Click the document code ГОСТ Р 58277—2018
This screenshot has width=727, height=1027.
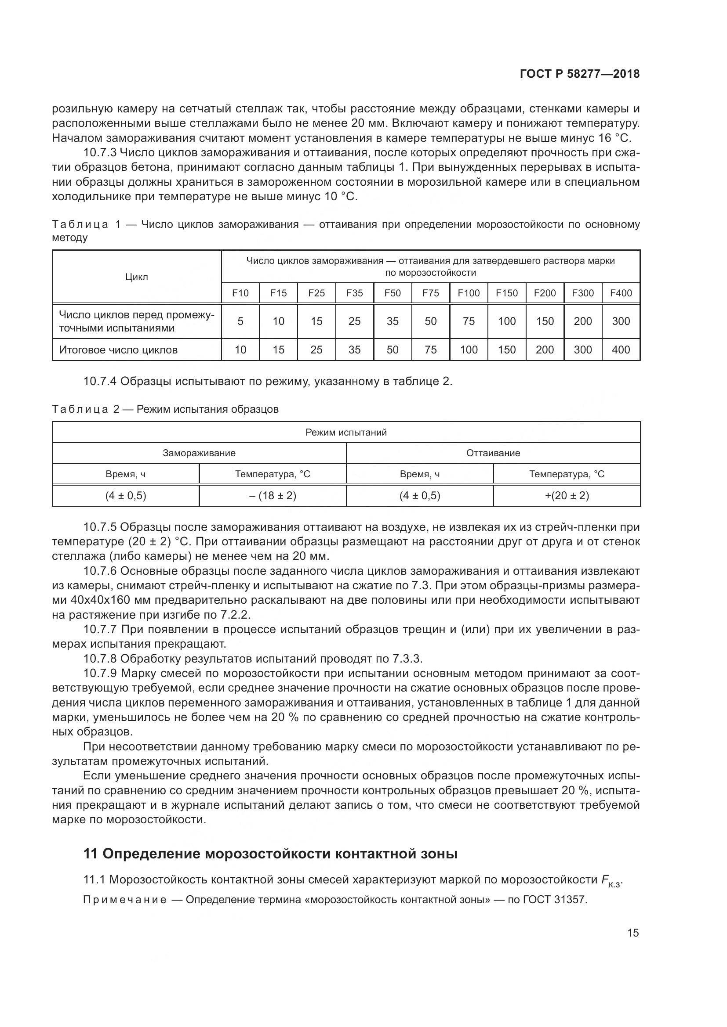[580, 74]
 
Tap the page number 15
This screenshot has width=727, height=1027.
[632, 933]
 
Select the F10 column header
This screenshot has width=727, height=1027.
[240, 293]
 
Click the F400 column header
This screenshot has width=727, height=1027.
[621, 293]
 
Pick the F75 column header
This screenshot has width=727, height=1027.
[431, 293]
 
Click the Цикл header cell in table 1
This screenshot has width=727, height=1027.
[137, 277]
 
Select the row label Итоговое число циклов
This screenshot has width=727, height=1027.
[119, 350]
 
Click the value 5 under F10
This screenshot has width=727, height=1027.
[240, 321]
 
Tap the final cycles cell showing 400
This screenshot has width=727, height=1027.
[621, 350]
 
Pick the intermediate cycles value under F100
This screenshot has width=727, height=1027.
[469, 321]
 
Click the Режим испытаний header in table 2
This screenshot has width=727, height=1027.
[346, 432]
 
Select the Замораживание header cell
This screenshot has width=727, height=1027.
[199, 453]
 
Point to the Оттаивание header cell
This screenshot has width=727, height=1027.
[493, 453]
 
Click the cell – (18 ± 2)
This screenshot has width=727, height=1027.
[273, 496]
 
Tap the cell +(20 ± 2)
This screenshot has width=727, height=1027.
[567, 496]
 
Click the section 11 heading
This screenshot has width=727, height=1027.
[270, 854]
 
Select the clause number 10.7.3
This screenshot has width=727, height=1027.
[100, 153]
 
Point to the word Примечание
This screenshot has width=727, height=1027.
[125, 900]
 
